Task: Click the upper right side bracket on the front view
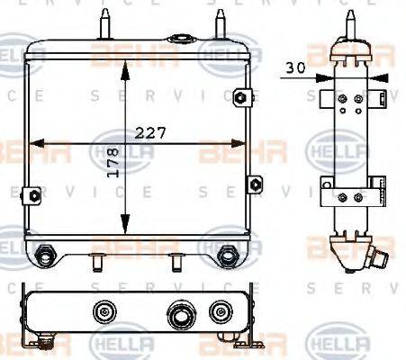[x=239, y=97]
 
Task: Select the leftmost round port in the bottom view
[x=105, y=312]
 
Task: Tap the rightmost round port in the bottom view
[x=218, y=312]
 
